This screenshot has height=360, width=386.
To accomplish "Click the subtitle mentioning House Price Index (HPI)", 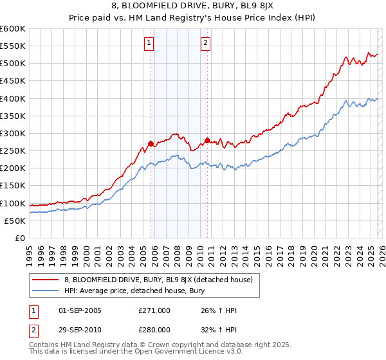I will pyautogui.click(x=192, y=19).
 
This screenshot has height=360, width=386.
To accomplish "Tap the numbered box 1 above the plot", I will pyautogui.click(x=149, y=43).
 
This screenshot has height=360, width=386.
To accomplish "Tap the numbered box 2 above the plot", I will pyautogui.click(x=205, y=43).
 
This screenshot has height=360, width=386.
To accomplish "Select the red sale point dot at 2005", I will pyautogui.click(x=151, y=143).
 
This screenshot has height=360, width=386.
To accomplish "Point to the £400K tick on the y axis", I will pyautogui.click(x=13, y=98).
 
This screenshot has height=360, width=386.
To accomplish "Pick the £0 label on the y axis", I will pyautogui.click(x=19, y=238).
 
